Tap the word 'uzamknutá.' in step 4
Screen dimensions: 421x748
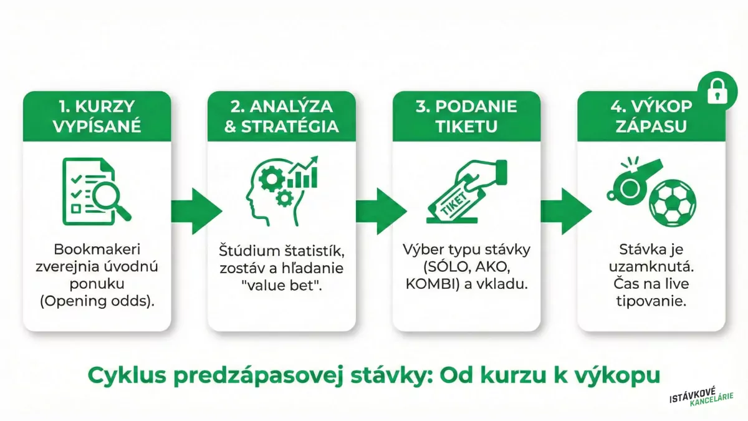coord(651,268)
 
